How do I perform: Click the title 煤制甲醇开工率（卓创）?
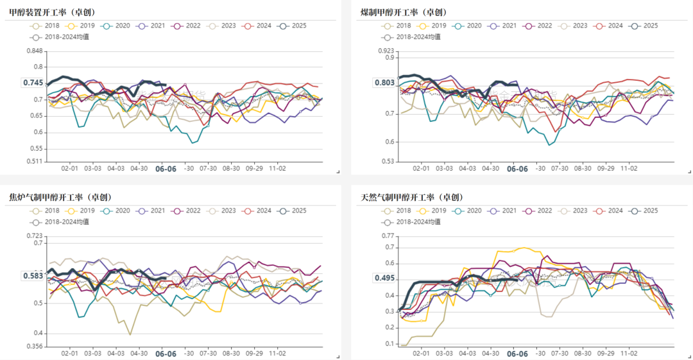[x=404, y=12]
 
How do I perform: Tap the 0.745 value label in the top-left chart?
[x=33, y=83]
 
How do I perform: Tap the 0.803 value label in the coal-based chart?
[x=384, y=83]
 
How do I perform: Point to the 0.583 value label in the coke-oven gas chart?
[x=33, y=276]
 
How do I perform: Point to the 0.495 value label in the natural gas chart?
[x=384, y=279]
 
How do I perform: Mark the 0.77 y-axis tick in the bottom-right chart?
[x=388, y=236]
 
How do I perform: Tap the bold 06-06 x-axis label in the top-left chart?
[x=166, y=169]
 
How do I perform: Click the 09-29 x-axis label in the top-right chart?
[x=606, y=168]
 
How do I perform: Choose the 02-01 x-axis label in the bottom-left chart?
[x=70, y=354]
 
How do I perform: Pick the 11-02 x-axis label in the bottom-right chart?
[x=628, y=354]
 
